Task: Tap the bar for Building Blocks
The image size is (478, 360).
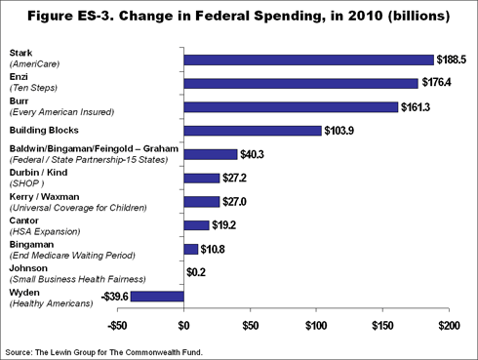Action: pos(253,130)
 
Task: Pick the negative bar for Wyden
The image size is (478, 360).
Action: pos(157,297)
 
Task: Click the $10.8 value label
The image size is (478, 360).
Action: pos(217,249)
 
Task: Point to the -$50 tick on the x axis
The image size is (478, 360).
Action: pos(117,324)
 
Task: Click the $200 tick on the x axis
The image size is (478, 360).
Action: pos(448,324)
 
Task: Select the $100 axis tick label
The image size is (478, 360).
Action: pos(315,324)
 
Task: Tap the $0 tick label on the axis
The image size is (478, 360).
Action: pos(183,324)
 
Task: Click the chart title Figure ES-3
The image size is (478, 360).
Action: pos(239,17)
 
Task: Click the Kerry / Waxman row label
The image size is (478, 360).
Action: pos(62,203)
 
